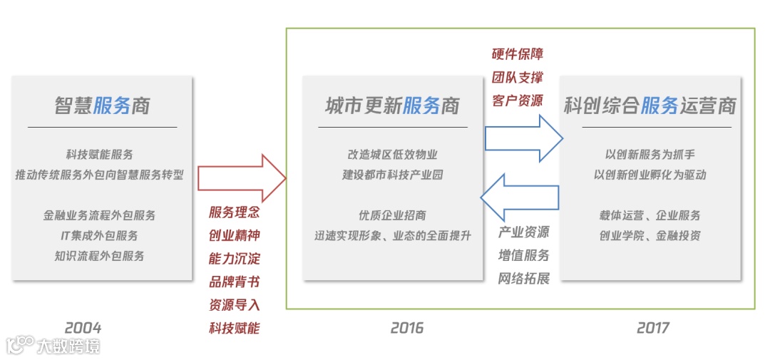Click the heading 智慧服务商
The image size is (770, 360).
coord(102,106)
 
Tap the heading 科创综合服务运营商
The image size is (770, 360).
coord(650,106)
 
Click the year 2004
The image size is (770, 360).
coord(83,328)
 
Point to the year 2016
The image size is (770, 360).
coord(406,328)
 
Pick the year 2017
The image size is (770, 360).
coord(652,328)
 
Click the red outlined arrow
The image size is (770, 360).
coord(241,178)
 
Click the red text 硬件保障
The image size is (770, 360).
coord(517,54)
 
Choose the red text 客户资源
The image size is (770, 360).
coord(517,101)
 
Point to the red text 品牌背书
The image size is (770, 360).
coord(235,282)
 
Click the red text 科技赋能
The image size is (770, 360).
coord(235,328)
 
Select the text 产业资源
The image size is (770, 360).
coord(524,232)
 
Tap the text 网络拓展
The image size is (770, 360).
coord(524,278)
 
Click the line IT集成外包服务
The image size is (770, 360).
coord(100,235)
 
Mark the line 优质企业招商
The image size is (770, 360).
coord(392,215)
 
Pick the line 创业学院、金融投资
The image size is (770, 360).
coord(650,235)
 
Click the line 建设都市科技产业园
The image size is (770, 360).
coord(392,175)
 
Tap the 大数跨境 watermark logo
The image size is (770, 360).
coord(53,346)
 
